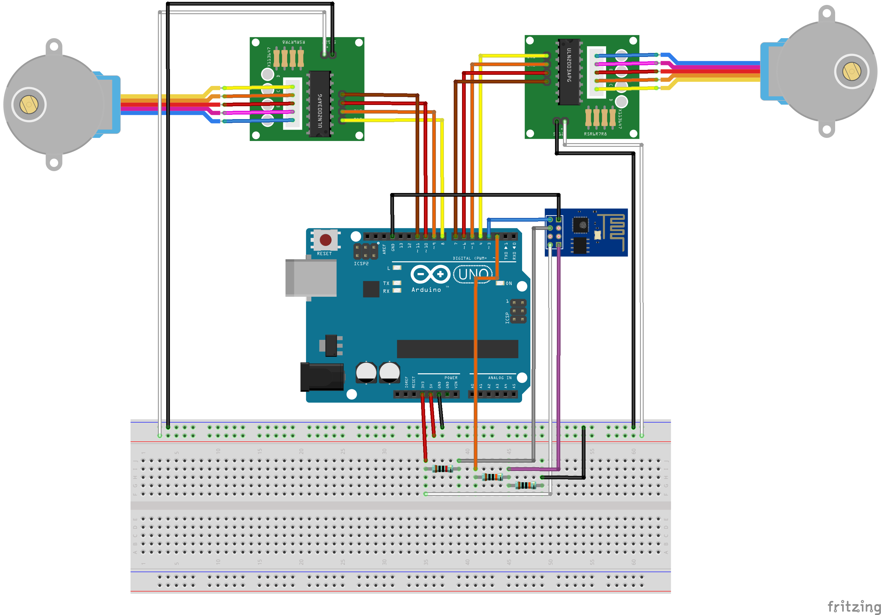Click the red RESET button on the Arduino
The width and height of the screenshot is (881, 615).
[x=325, y=240]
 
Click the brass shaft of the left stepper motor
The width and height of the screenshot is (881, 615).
[x=29, y=105]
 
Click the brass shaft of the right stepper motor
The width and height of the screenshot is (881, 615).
[x=851, y=71]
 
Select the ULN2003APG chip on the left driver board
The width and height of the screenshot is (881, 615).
[x=320, y=104]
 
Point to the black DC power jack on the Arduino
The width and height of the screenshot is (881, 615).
[x=322, y=377]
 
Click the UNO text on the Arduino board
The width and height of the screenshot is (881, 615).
[x=473, y=274]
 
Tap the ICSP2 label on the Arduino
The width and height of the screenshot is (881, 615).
[x=361, y=263]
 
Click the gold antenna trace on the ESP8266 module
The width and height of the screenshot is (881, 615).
[x=614, y=230]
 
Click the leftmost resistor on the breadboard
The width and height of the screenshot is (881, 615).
[x=442, y=468]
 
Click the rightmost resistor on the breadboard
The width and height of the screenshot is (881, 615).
[x=525, y=485]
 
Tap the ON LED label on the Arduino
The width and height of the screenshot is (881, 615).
[x=509, y=283]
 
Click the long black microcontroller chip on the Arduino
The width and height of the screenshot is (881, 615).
[x=457, y=349]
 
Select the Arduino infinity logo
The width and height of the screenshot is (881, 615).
[x=430, y=274]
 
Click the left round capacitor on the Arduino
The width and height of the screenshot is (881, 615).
[x=366, y=372]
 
